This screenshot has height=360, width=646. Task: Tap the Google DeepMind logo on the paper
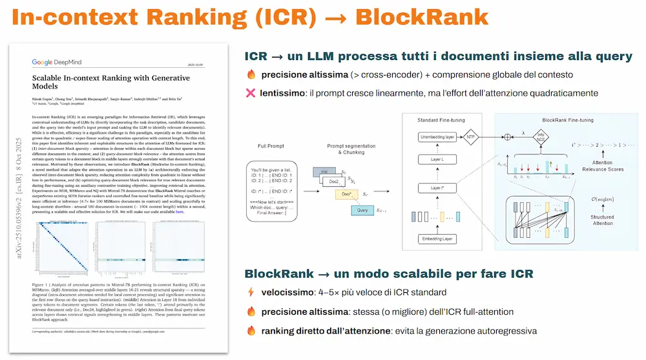point(61,63)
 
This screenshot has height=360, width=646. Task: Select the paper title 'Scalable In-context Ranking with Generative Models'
point(106,82)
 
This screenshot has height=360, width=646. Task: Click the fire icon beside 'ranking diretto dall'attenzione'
point(251,331)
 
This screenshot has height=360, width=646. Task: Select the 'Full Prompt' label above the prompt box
point(275,147)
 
